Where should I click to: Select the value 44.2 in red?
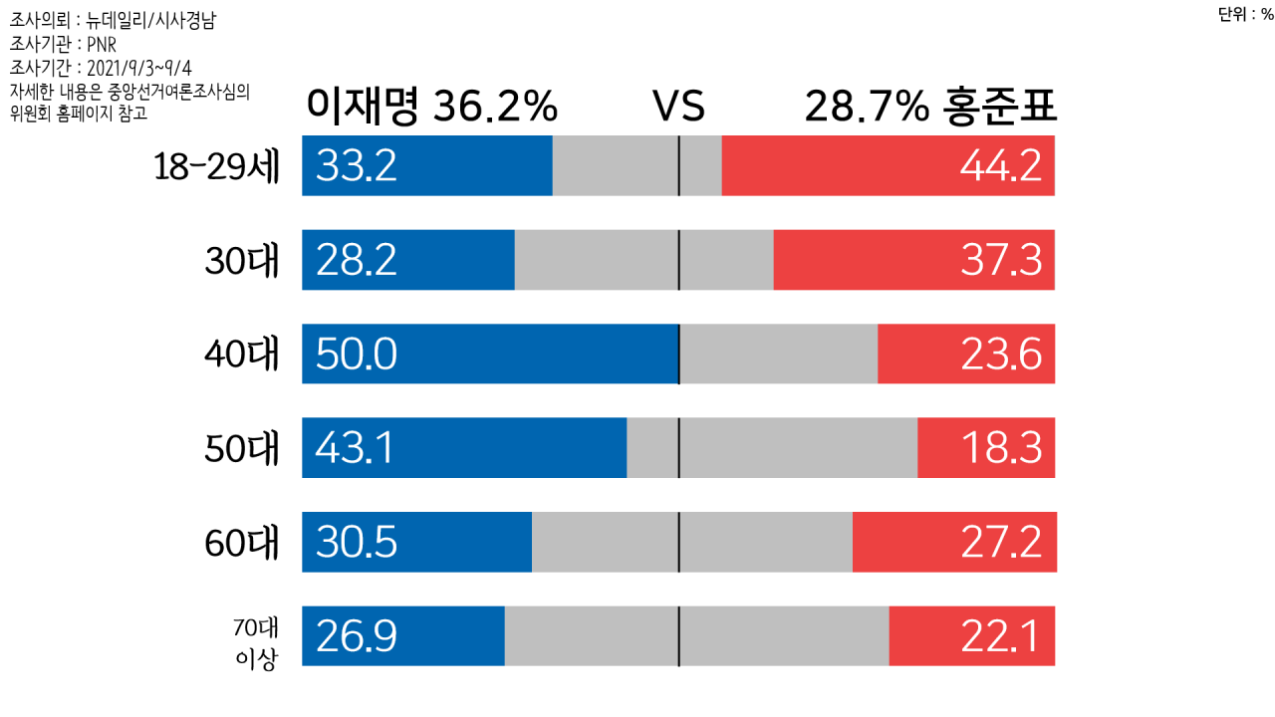tap(1000, 166)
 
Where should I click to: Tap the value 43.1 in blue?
tap(355, 448)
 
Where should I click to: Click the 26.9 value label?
tap(356, 636)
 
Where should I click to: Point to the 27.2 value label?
tap(1000, 543)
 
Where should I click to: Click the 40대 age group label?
tap(242, 355)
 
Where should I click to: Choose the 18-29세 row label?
tap(217, 166)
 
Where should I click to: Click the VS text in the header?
tap(678, 108)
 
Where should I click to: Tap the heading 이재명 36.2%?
tap(431, 107)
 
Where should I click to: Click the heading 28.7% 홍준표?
tap(929, 107)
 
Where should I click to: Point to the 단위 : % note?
tap(1245, 14)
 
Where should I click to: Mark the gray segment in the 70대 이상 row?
tap(696, 636)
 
